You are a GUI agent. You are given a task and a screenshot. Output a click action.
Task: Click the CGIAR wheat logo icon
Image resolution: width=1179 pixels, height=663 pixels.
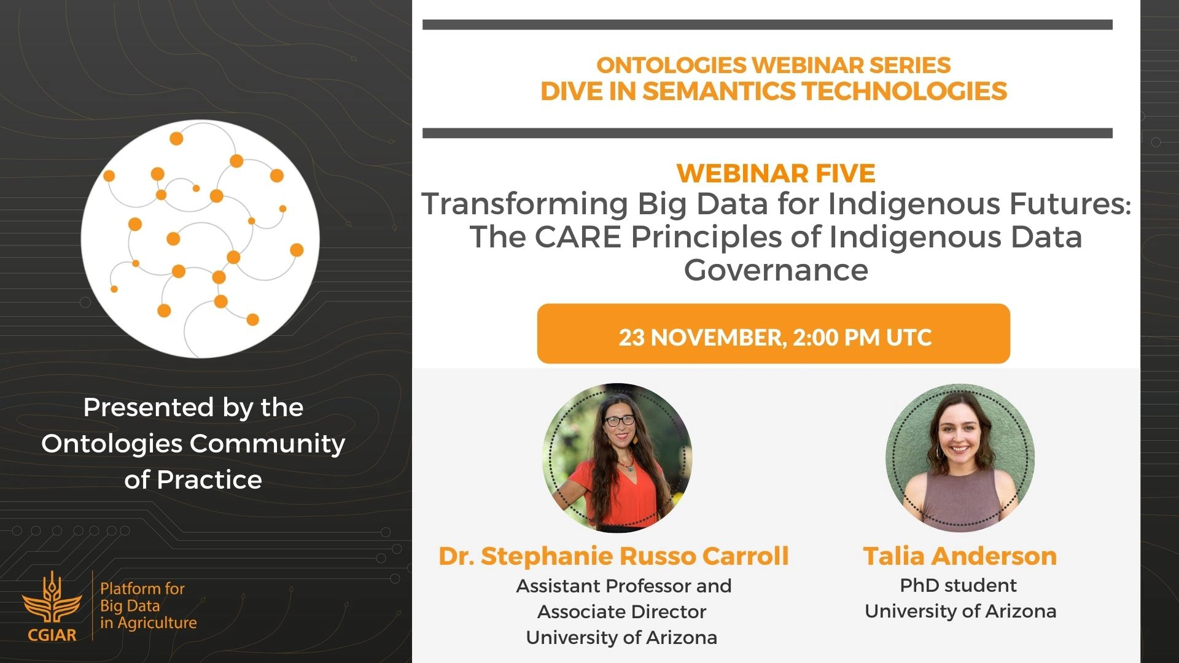coord(52,599)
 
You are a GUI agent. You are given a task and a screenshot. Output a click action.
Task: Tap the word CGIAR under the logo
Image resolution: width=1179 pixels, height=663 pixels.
coord(52,635)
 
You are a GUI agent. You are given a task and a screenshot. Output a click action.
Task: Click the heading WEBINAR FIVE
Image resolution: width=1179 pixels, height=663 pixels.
coord(776,174)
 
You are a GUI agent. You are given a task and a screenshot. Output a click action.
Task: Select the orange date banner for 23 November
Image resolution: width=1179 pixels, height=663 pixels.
coord(773,333)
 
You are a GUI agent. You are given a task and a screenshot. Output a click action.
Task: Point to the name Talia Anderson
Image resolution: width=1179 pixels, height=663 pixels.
coord(960,556)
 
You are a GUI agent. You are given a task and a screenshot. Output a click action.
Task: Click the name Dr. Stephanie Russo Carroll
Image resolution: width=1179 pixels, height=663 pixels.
coord(613,556)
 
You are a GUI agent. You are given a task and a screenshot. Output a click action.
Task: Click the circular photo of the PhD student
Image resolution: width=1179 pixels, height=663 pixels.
coord(960,458)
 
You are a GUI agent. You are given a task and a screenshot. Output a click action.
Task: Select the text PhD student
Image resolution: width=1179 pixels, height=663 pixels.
coord(958,586)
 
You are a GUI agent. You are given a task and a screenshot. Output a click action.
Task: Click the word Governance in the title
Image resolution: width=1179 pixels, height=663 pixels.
coord(776,270)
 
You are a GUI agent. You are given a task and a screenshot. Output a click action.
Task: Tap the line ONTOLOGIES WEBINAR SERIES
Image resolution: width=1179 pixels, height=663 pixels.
coord(774,65)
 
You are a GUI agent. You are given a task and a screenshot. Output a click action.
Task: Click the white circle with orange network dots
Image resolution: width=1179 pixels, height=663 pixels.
coord(200,239)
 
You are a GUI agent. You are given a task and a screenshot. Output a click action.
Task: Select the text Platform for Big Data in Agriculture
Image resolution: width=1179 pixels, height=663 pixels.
coord(148,605)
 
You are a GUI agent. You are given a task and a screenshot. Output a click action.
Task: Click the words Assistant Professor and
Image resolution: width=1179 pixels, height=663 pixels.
coord(624,586)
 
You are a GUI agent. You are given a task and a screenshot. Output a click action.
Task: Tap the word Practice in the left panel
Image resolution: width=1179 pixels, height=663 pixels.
coord(209,479)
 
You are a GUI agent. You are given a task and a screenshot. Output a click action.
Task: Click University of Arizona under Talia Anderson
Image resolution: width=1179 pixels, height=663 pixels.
coord(960,611)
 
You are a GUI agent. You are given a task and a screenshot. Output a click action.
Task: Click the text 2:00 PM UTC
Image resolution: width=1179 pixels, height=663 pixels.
coord(862,338)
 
